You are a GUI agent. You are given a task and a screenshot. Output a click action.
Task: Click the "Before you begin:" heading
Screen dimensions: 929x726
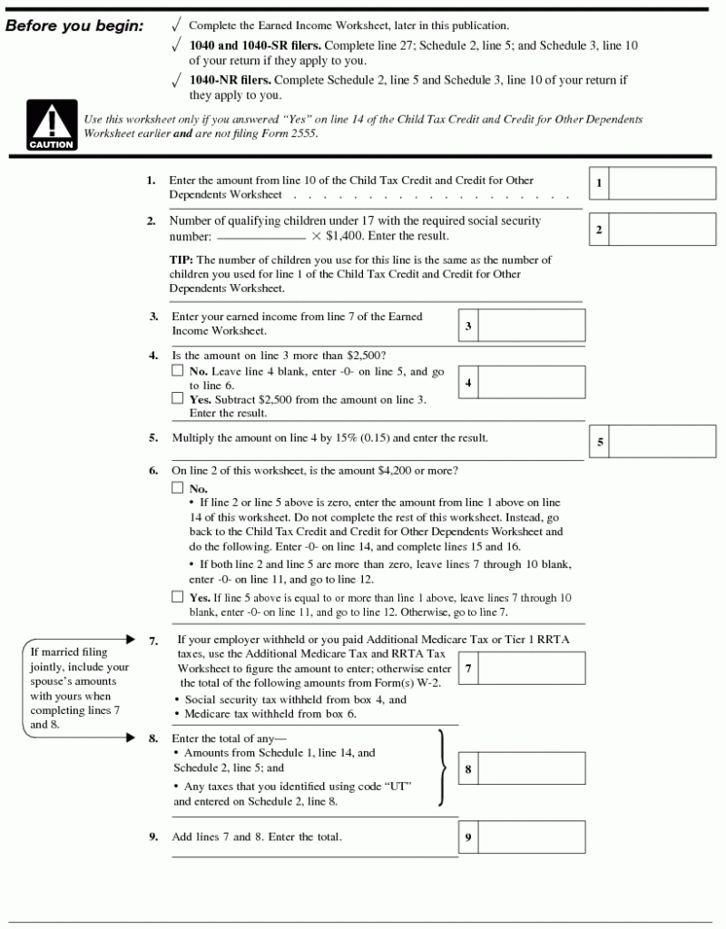74,26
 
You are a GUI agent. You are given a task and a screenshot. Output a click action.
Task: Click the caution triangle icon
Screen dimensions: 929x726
51,126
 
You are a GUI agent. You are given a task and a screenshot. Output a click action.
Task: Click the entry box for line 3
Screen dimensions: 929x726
531,325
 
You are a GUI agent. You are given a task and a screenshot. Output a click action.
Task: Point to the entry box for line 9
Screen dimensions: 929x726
531,837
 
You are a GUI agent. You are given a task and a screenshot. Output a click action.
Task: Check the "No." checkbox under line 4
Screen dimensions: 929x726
178,372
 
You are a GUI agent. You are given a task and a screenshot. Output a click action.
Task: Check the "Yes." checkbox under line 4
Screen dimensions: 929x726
178,398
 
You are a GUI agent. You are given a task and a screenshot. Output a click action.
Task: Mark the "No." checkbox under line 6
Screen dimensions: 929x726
178,488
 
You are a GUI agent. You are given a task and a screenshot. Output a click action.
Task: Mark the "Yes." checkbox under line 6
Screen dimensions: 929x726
178,598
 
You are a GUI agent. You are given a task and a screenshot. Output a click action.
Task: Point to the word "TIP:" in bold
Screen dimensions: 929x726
181,260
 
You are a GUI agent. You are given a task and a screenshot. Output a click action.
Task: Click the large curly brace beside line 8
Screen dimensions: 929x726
442,768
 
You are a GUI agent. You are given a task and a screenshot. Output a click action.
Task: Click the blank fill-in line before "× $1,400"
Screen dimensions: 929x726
260,238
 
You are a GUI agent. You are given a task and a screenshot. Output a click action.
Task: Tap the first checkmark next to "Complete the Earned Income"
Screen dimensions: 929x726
176,25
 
